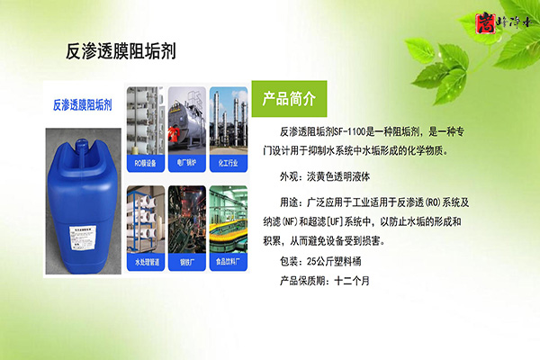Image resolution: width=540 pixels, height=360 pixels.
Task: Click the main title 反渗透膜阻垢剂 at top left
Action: (x=121, y=51)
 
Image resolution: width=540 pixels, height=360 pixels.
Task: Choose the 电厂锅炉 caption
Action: (x=185, y=165)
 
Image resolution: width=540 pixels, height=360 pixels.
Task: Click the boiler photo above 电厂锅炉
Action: (x=185, y=121)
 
